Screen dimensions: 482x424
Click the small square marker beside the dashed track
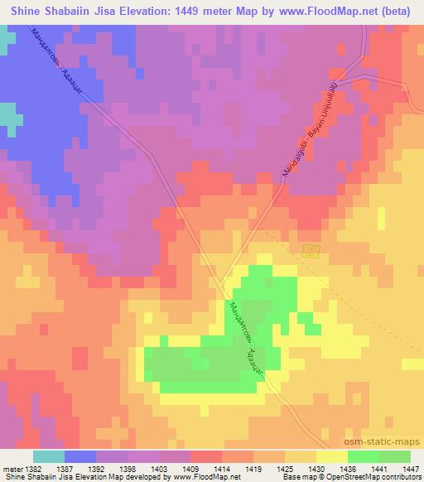[x=311, y=251]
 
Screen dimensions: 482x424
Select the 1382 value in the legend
[x=29, y=469]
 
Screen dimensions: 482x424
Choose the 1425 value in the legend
[x=282, y=469]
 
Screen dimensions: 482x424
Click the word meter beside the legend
[x=10, y=469]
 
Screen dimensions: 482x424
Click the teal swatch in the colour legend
[x=48, y=456]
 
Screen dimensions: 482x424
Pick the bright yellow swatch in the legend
[x=331, y=456]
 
